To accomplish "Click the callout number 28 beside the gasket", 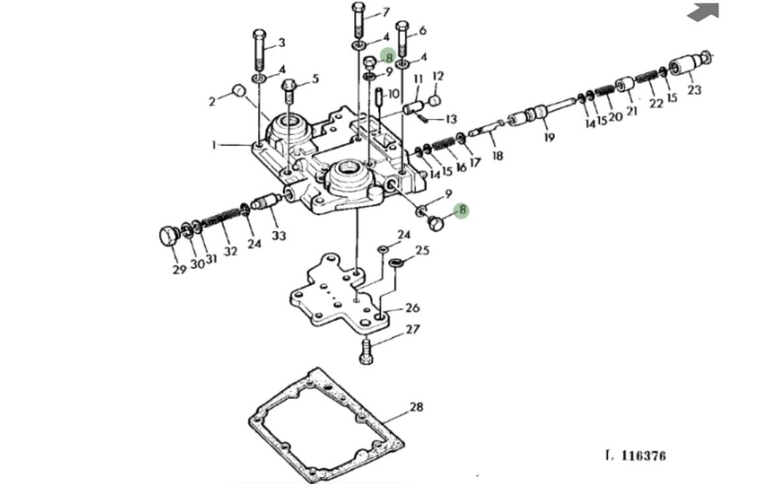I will tap(416, 407).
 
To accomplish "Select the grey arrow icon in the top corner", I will tap(703, 11).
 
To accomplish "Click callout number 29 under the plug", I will tap(179, 270).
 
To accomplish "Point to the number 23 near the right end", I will tap(694, 90).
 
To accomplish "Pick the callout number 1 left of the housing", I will tap(214, 144).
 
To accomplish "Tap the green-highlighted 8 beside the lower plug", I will tap(462, 211).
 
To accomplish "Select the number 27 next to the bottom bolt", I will tap(412, 329).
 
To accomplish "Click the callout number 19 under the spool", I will tap(549, 138).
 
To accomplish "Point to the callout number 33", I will tap(279, 235).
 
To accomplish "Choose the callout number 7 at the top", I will tap(386, 12).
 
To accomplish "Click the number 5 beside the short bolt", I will tap(315, 79).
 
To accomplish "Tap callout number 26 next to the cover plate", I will tap(412, 307).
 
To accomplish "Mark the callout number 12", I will tap(438, 77).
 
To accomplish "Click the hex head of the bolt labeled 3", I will tap(259, 34).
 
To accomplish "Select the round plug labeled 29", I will tap(168, 235).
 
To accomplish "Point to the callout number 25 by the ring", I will tap(422, 251).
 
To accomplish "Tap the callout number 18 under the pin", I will tap(497, 156).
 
